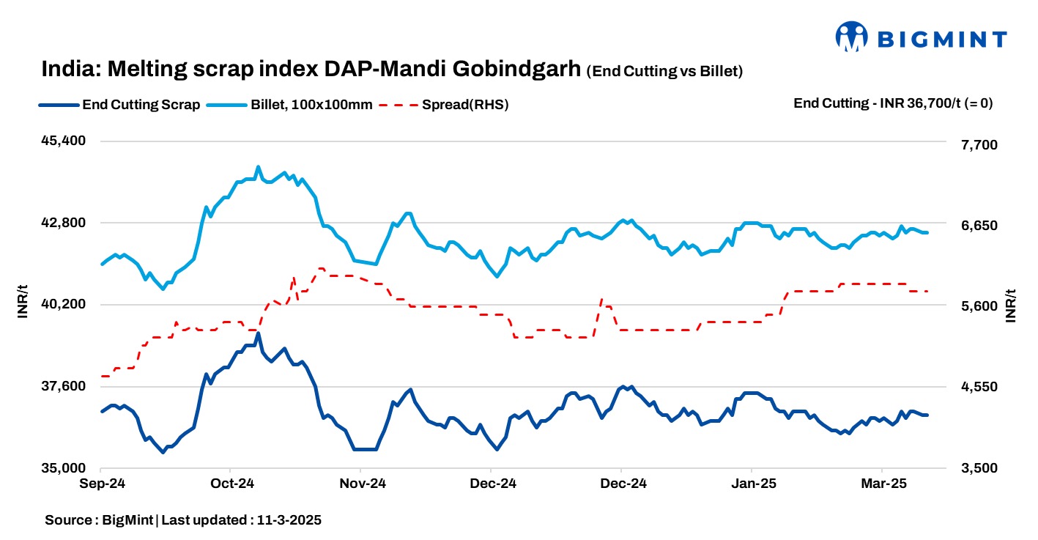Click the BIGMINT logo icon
click(x=852, y=37)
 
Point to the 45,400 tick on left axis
click(x=65, y=141)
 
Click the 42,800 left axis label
click(x=65, y=223)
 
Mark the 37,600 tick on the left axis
click(x=65, y=386)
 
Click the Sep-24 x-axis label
click(x=101, y=484)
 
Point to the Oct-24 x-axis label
click(x=231, y=484)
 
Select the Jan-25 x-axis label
click(x=752, y=484)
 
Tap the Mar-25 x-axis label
click(x=883, y=484)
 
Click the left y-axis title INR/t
click(x=23, y=304)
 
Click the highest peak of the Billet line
click(x=258, y=167)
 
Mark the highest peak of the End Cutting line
click(x=258, y=334)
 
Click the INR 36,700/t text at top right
click(x=920, y=103)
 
